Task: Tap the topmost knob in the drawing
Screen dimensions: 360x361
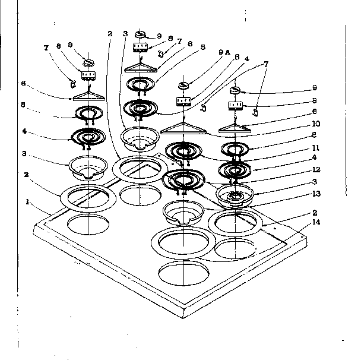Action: pyautogui.click(x=143, y=34)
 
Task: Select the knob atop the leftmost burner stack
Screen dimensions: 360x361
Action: pyautogui.click(x=88, y=62)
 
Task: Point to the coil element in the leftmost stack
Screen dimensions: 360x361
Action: pyautogui.click(x=87, y=137)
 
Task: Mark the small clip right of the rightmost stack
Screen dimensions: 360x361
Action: pyautogui.click(x=256, y=111)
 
